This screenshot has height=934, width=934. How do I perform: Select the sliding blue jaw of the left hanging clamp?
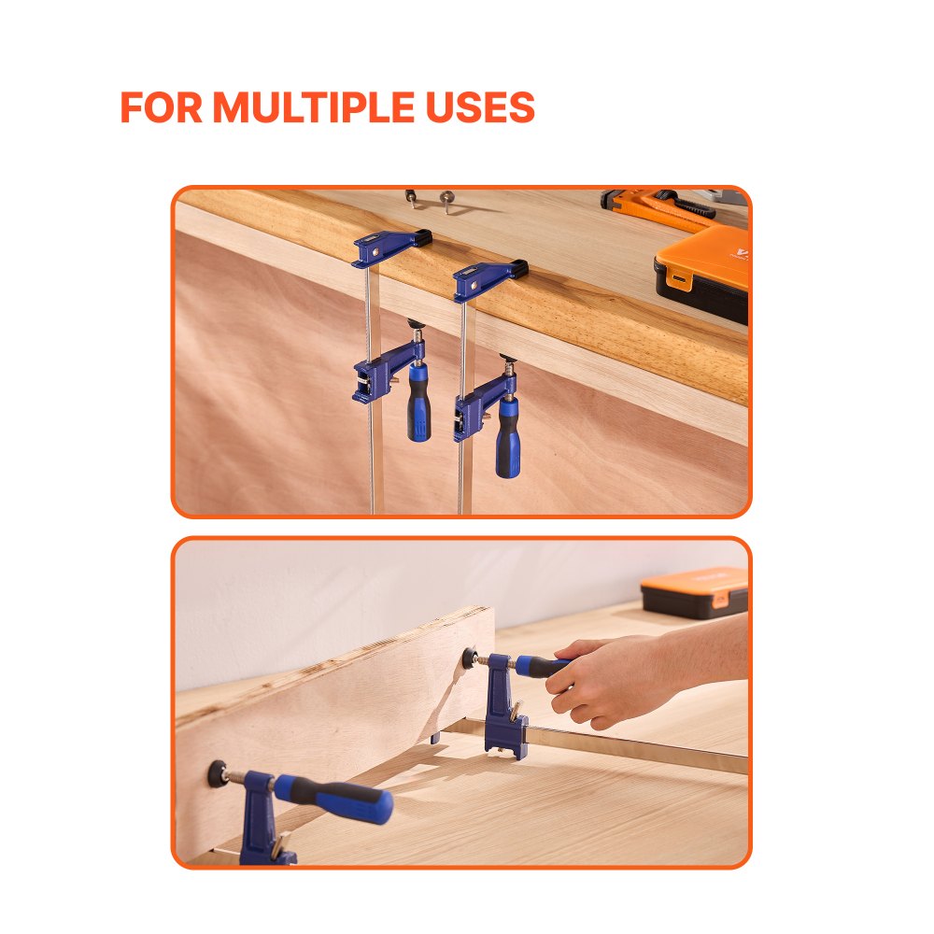378,375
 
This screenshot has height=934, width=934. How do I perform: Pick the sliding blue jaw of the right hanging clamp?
474,409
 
